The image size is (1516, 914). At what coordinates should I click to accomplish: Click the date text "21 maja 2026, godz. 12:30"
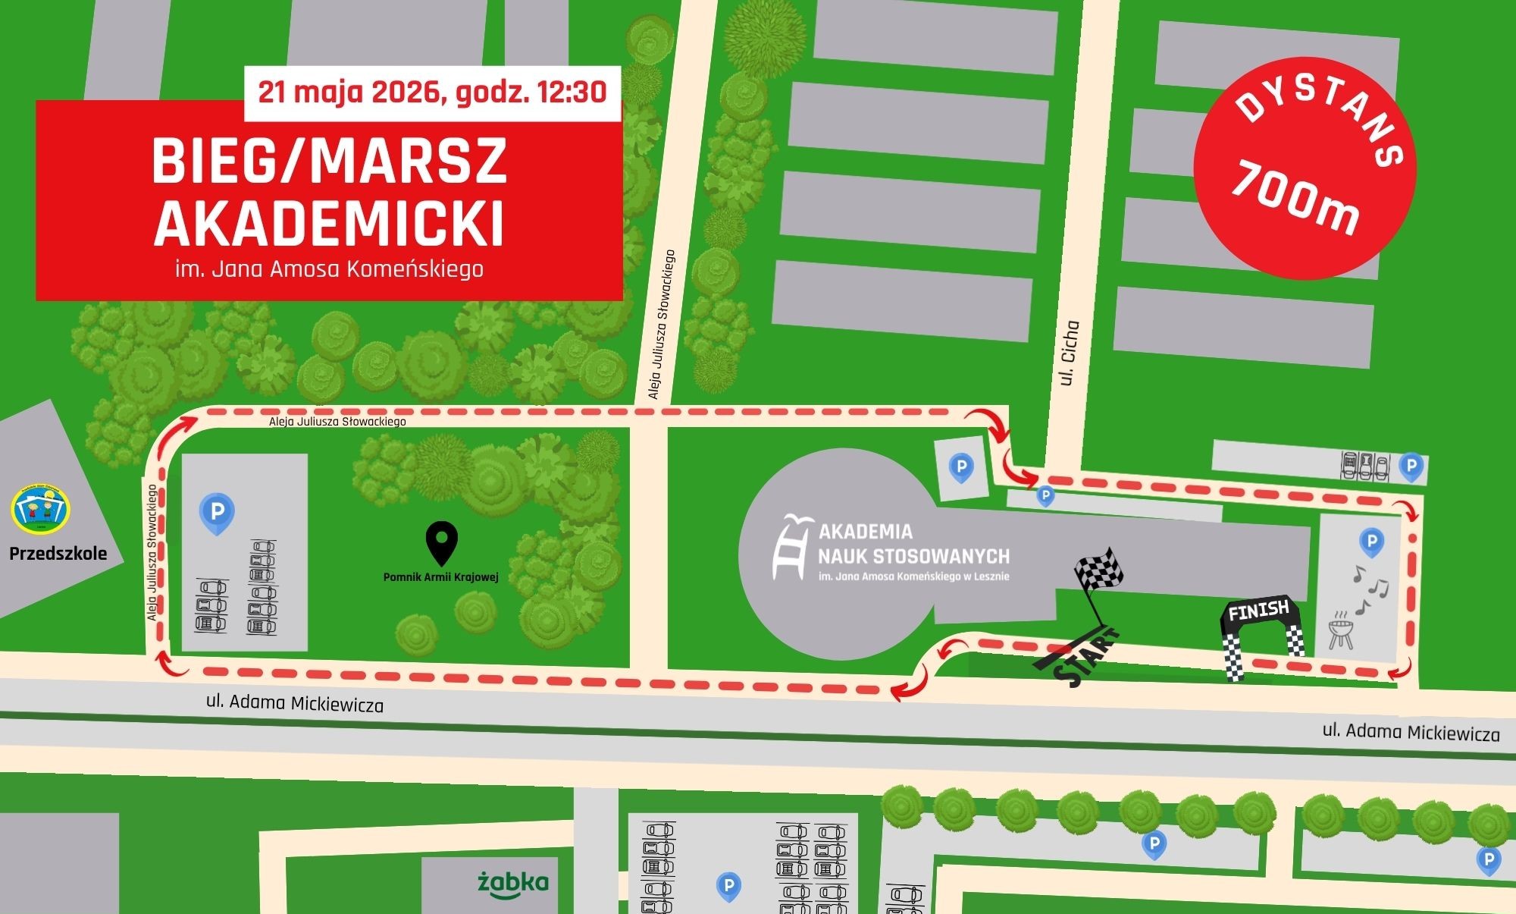click(x=432, y=93)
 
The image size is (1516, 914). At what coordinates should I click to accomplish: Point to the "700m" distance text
click(x=1295, y=199)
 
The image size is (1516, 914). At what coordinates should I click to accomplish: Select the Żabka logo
click(x=513, y=883)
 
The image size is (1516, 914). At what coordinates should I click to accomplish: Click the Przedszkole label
click(x=58, y=554)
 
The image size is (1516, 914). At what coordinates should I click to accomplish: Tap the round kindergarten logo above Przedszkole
click(x=41, y=507)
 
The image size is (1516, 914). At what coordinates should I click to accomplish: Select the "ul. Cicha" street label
click(x=1070, y=353)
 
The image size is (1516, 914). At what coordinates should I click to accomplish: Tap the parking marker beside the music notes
click(x=1370, y=542)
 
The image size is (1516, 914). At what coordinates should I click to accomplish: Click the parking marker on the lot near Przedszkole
click(x=217, y=514)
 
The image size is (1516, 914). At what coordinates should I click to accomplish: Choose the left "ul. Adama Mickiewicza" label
click(x=295, y=703)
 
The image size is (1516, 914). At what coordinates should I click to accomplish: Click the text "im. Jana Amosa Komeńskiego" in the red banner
click(x=329, y=269)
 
